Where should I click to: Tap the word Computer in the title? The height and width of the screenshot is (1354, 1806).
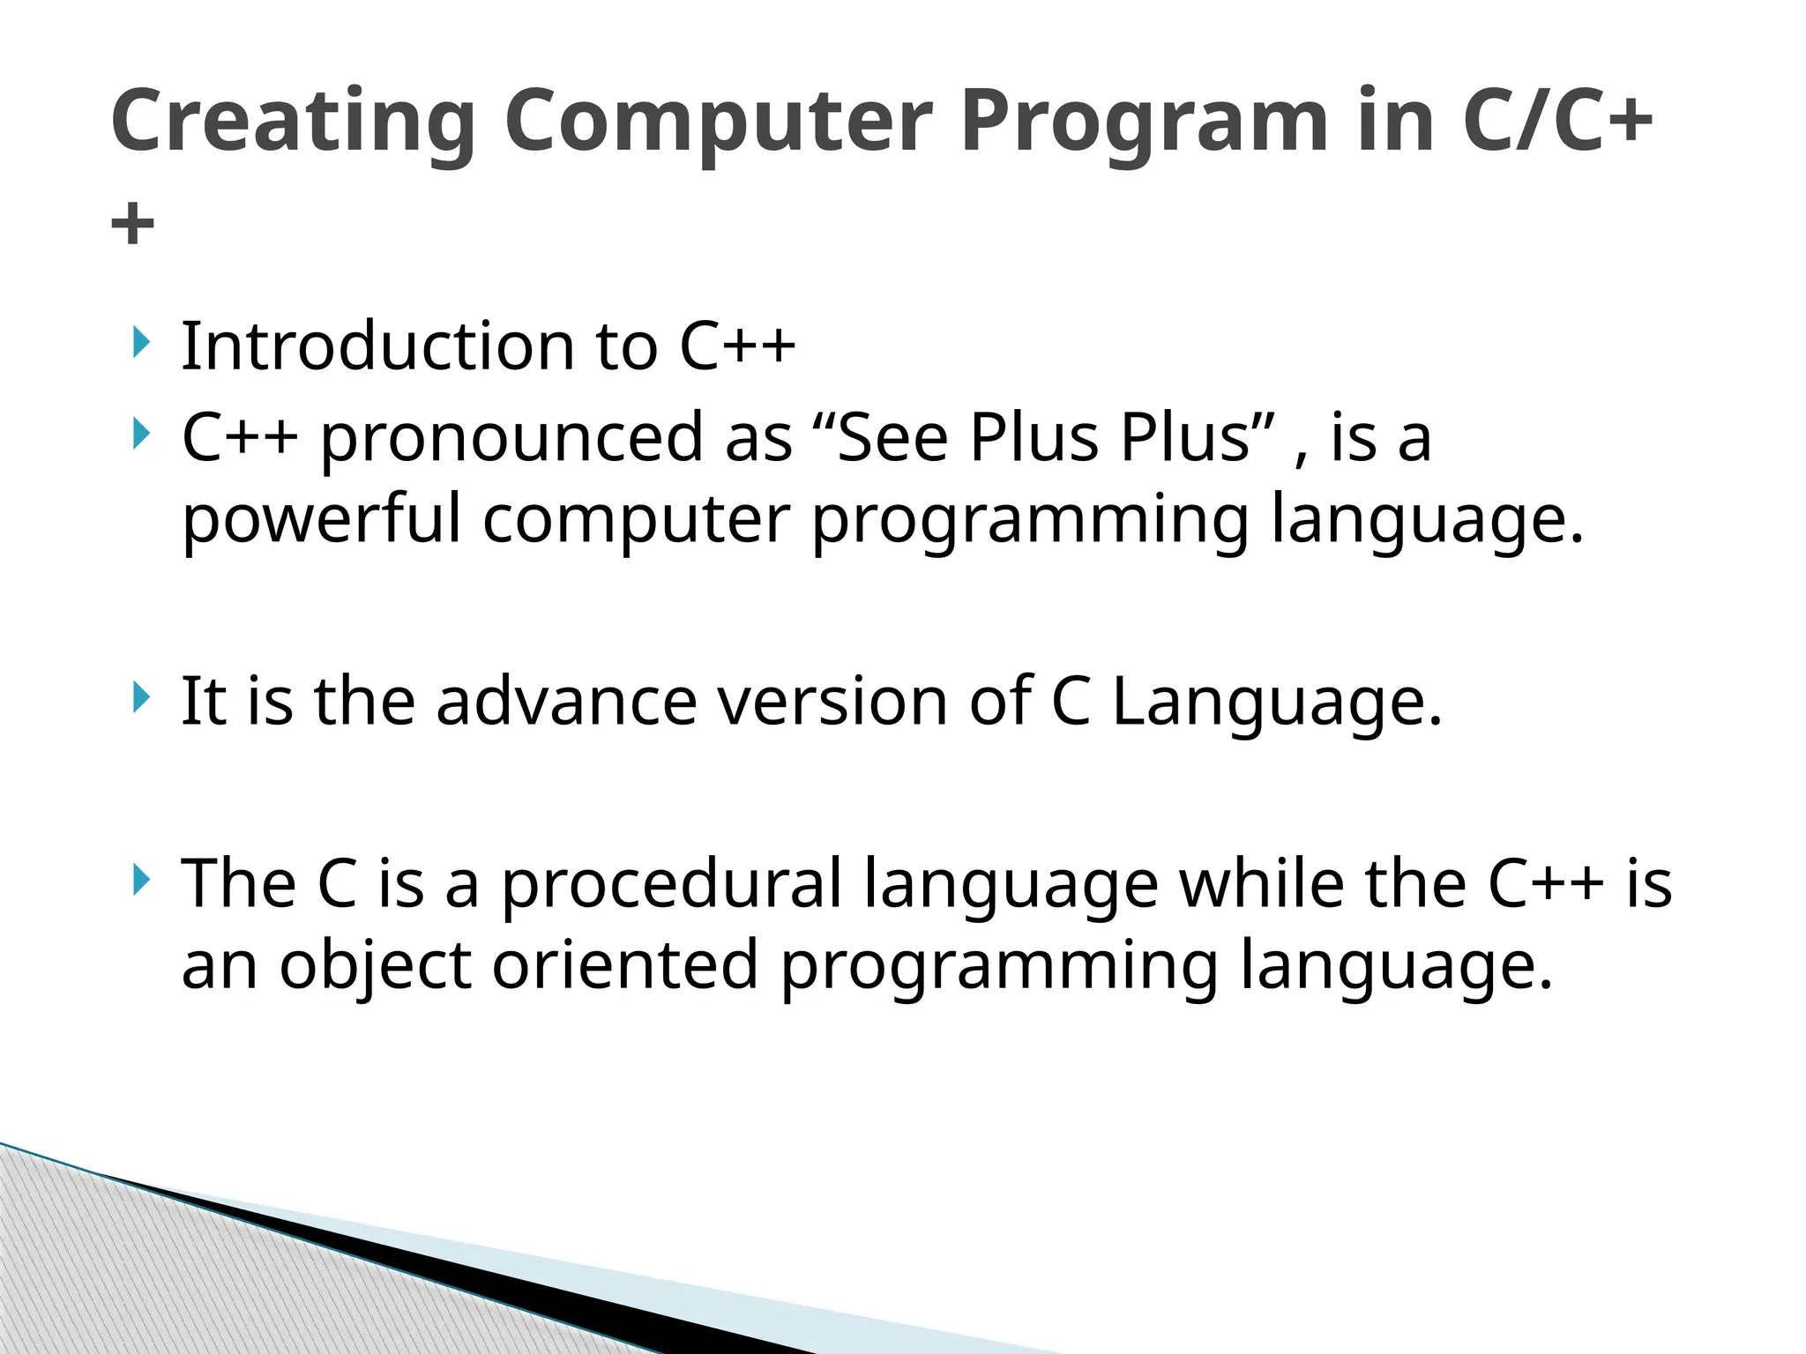tap(718, 121)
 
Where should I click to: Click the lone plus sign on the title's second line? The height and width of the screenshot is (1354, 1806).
tap(133, 224)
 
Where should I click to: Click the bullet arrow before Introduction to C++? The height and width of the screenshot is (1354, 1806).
tap(140, 342)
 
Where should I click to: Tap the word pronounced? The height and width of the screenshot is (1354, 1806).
tap(511, 439)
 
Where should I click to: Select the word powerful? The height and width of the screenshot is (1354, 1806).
tap(321, 520)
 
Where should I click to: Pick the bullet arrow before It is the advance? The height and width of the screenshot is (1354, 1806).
tap(140, 697)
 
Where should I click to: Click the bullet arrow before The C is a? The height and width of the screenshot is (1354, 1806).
tap(140, 880)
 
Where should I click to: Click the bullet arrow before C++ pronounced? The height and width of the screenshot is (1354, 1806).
tap(140, 434)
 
